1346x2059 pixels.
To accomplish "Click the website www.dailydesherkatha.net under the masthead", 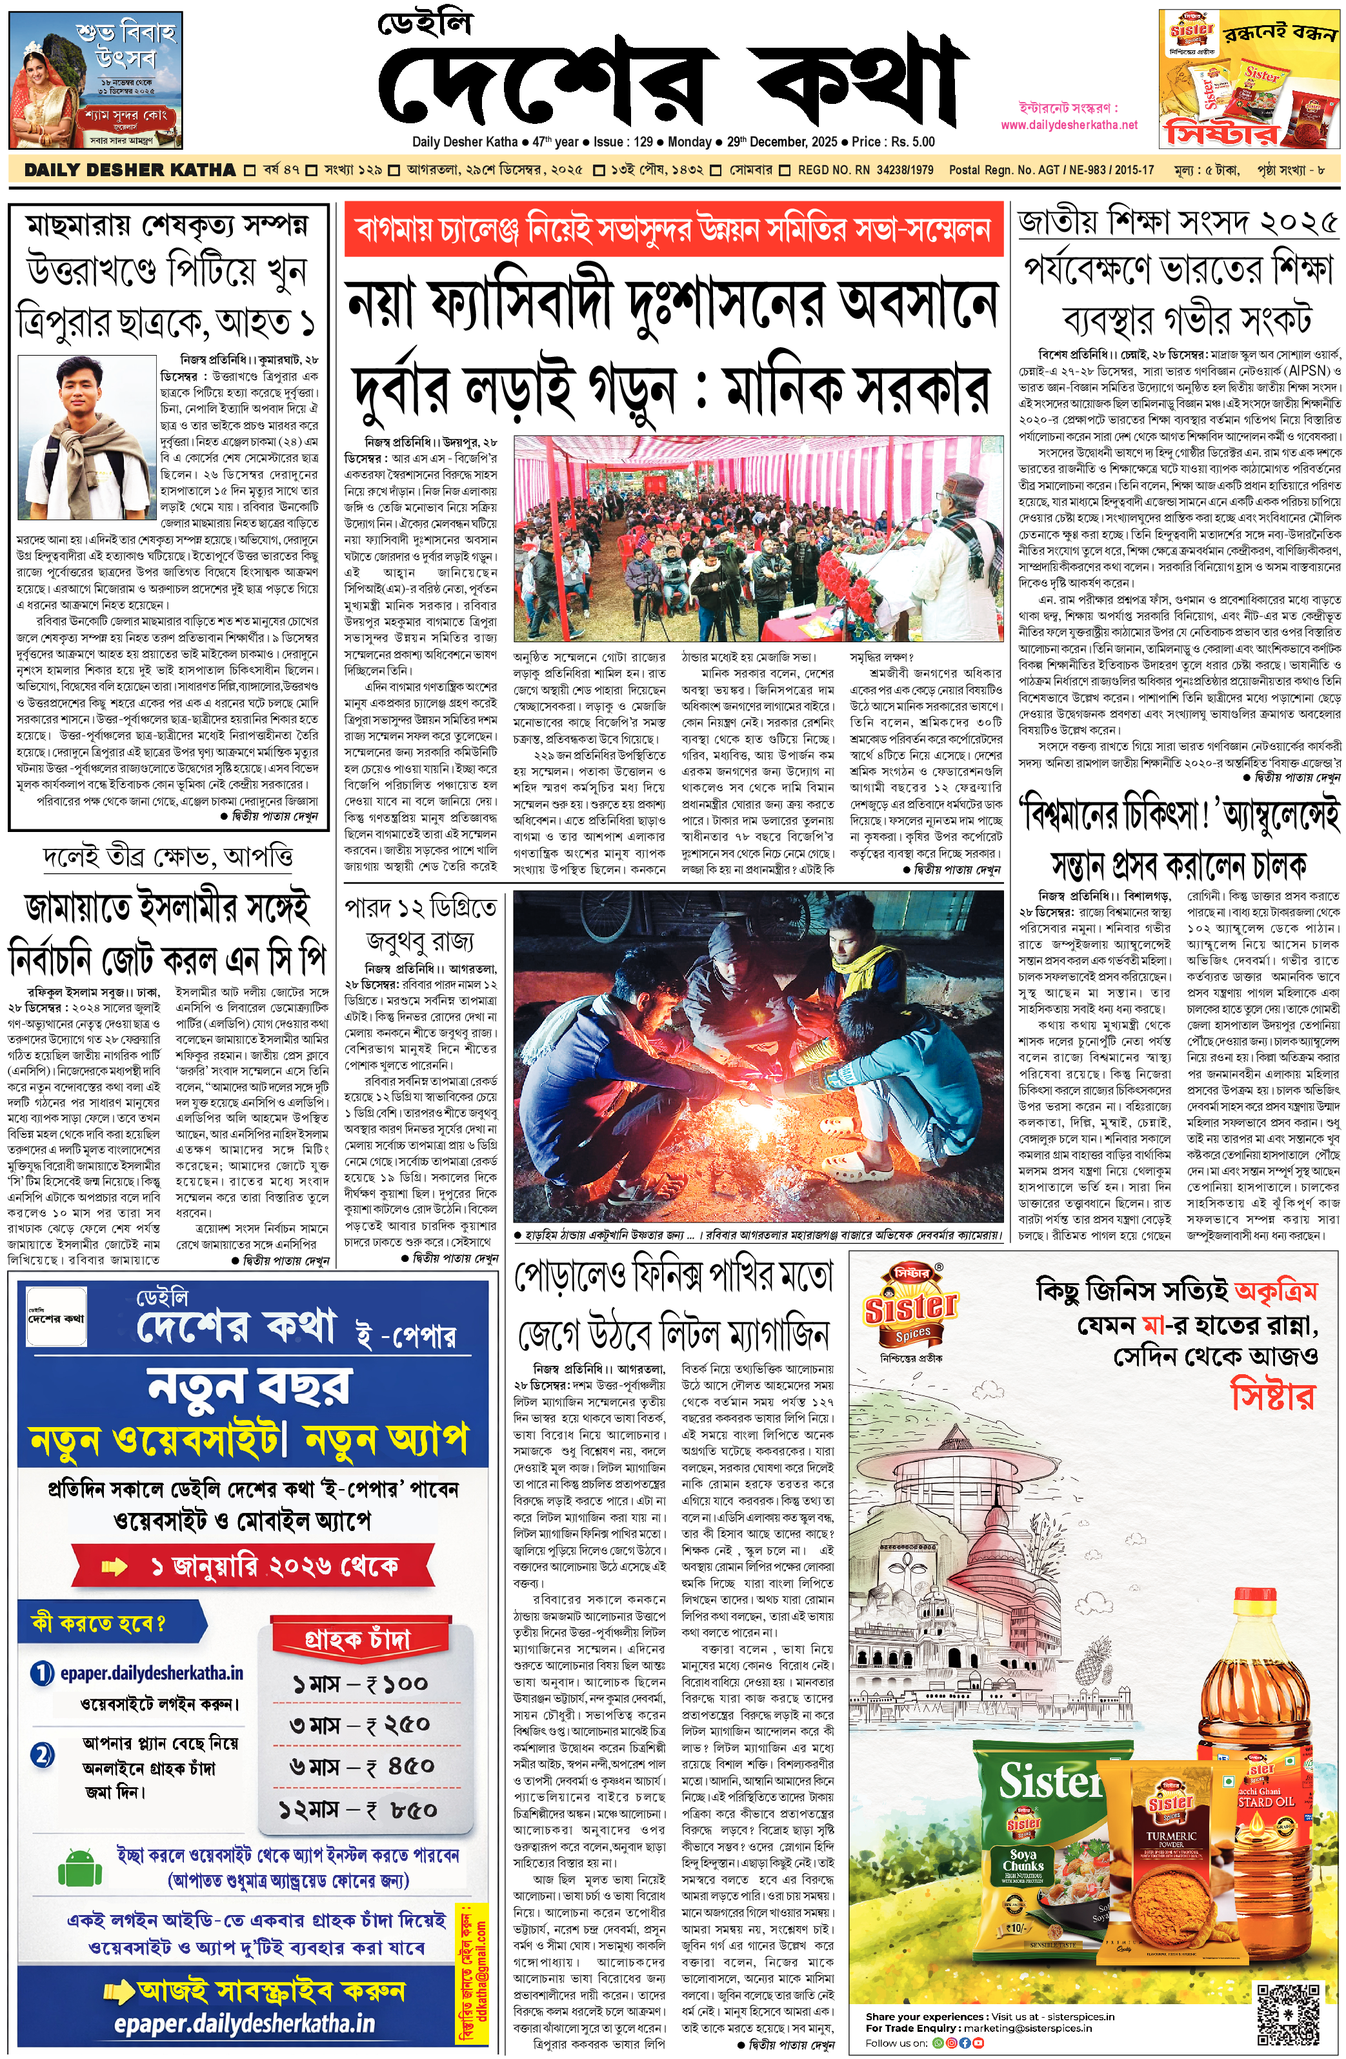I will [x=1069, y=125].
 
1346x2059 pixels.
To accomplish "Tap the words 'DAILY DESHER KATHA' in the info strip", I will [x=130, y=170].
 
